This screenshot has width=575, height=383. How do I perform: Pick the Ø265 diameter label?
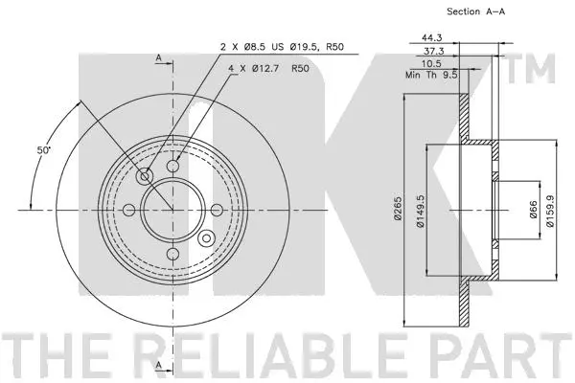396,214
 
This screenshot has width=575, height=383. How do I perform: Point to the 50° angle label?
43,152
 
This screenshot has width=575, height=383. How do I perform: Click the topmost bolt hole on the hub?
172,166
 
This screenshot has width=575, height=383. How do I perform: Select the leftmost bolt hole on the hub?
128,209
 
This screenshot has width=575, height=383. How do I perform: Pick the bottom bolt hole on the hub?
172,253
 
